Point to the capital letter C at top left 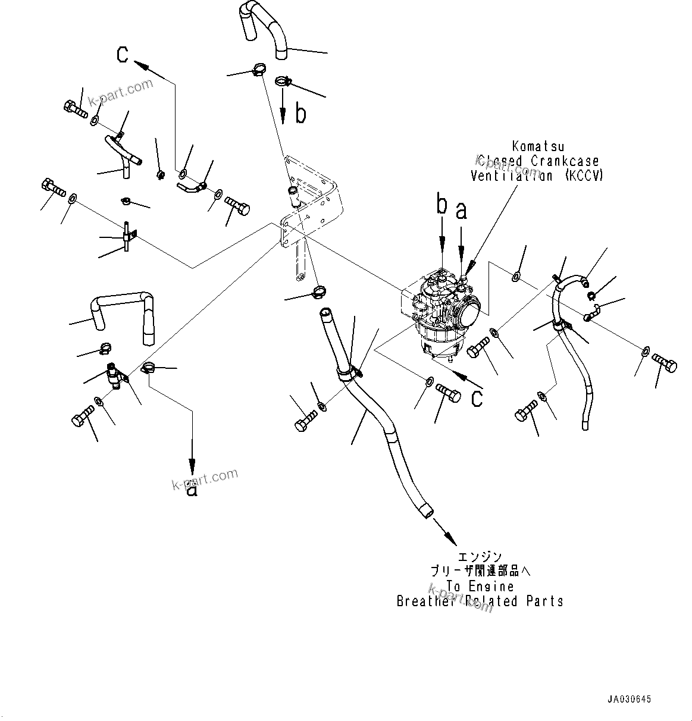tap(123, 55)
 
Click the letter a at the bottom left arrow tap(192, 490)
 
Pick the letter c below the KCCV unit tap(477, 399)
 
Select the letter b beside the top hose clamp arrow tap(300, 114)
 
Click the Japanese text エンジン tap(480, 557)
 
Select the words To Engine tap(480, 587)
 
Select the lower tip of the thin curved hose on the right tap(586, 425)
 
